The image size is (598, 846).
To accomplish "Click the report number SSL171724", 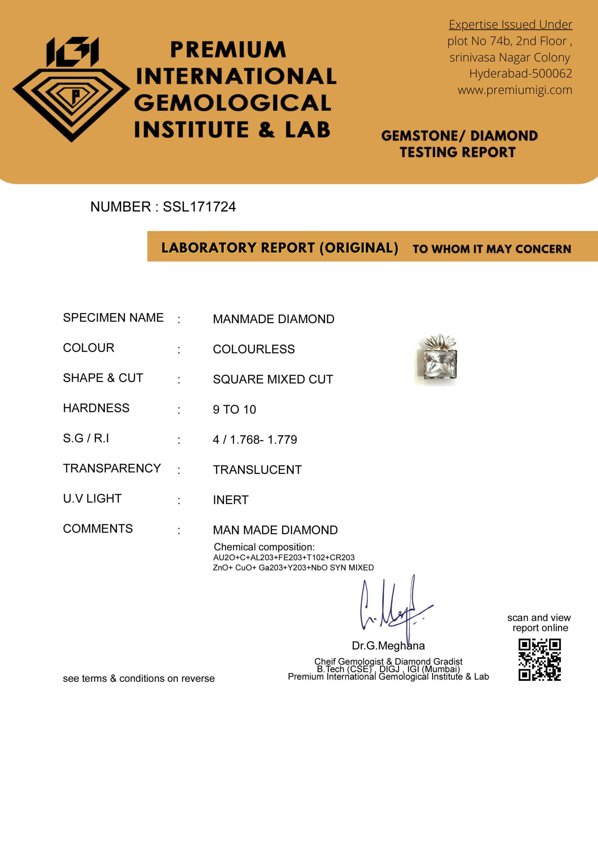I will [199, 207].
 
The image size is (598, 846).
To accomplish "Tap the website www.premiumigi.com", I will [515, 90].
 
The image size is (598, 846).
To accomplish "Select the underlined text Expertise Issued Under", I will [510, 24].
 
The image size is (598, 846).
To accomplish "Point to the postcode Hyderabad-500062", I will [520, 73].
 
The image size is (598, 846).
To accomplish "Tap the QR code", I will [540, 660].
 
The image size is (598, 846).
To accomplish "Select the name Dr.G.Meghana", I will [388, 645].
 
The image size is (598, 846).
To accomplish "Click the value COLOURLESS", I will [253, 349].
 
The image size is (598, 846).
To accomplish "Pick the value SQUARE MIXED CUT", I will [273, 379].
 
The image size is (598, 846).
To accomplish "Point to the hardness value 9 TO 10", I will [234, 409].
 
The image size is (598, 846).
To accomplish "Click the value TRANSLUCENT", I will [257, 470].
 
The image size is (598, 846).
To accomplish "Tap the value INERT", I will [231, 500].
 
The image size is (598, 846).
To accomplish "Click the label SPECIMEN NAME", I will [113, 318].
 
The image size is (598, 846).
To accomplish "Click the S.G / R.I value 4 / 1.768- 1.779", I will [255, 440].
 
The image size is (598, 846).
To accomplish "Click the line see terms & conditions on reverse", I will [138, 678].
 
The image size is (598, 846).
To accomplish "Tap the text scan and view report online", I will [539, 623].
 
